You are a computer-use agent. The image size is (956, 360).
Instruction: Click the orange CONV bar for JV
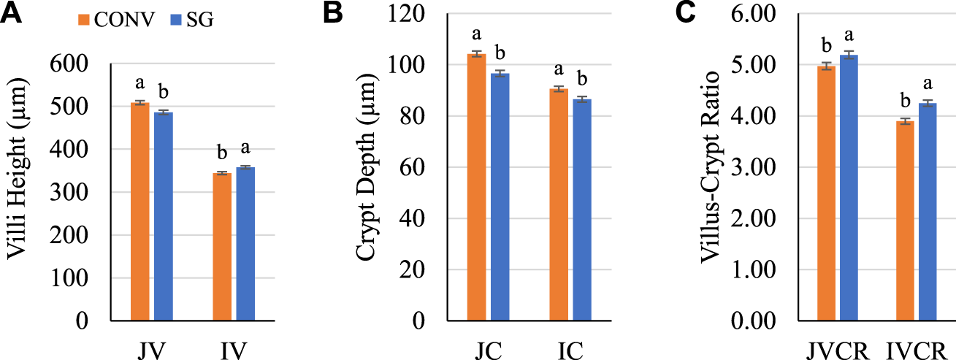[x=139, y=212]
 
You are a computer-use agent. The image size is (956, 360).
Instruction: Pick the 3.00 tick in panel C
[x=762, y=167]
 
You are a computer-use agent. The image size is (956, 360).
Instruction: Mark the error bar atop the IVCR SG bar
[x=928, y=104]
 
